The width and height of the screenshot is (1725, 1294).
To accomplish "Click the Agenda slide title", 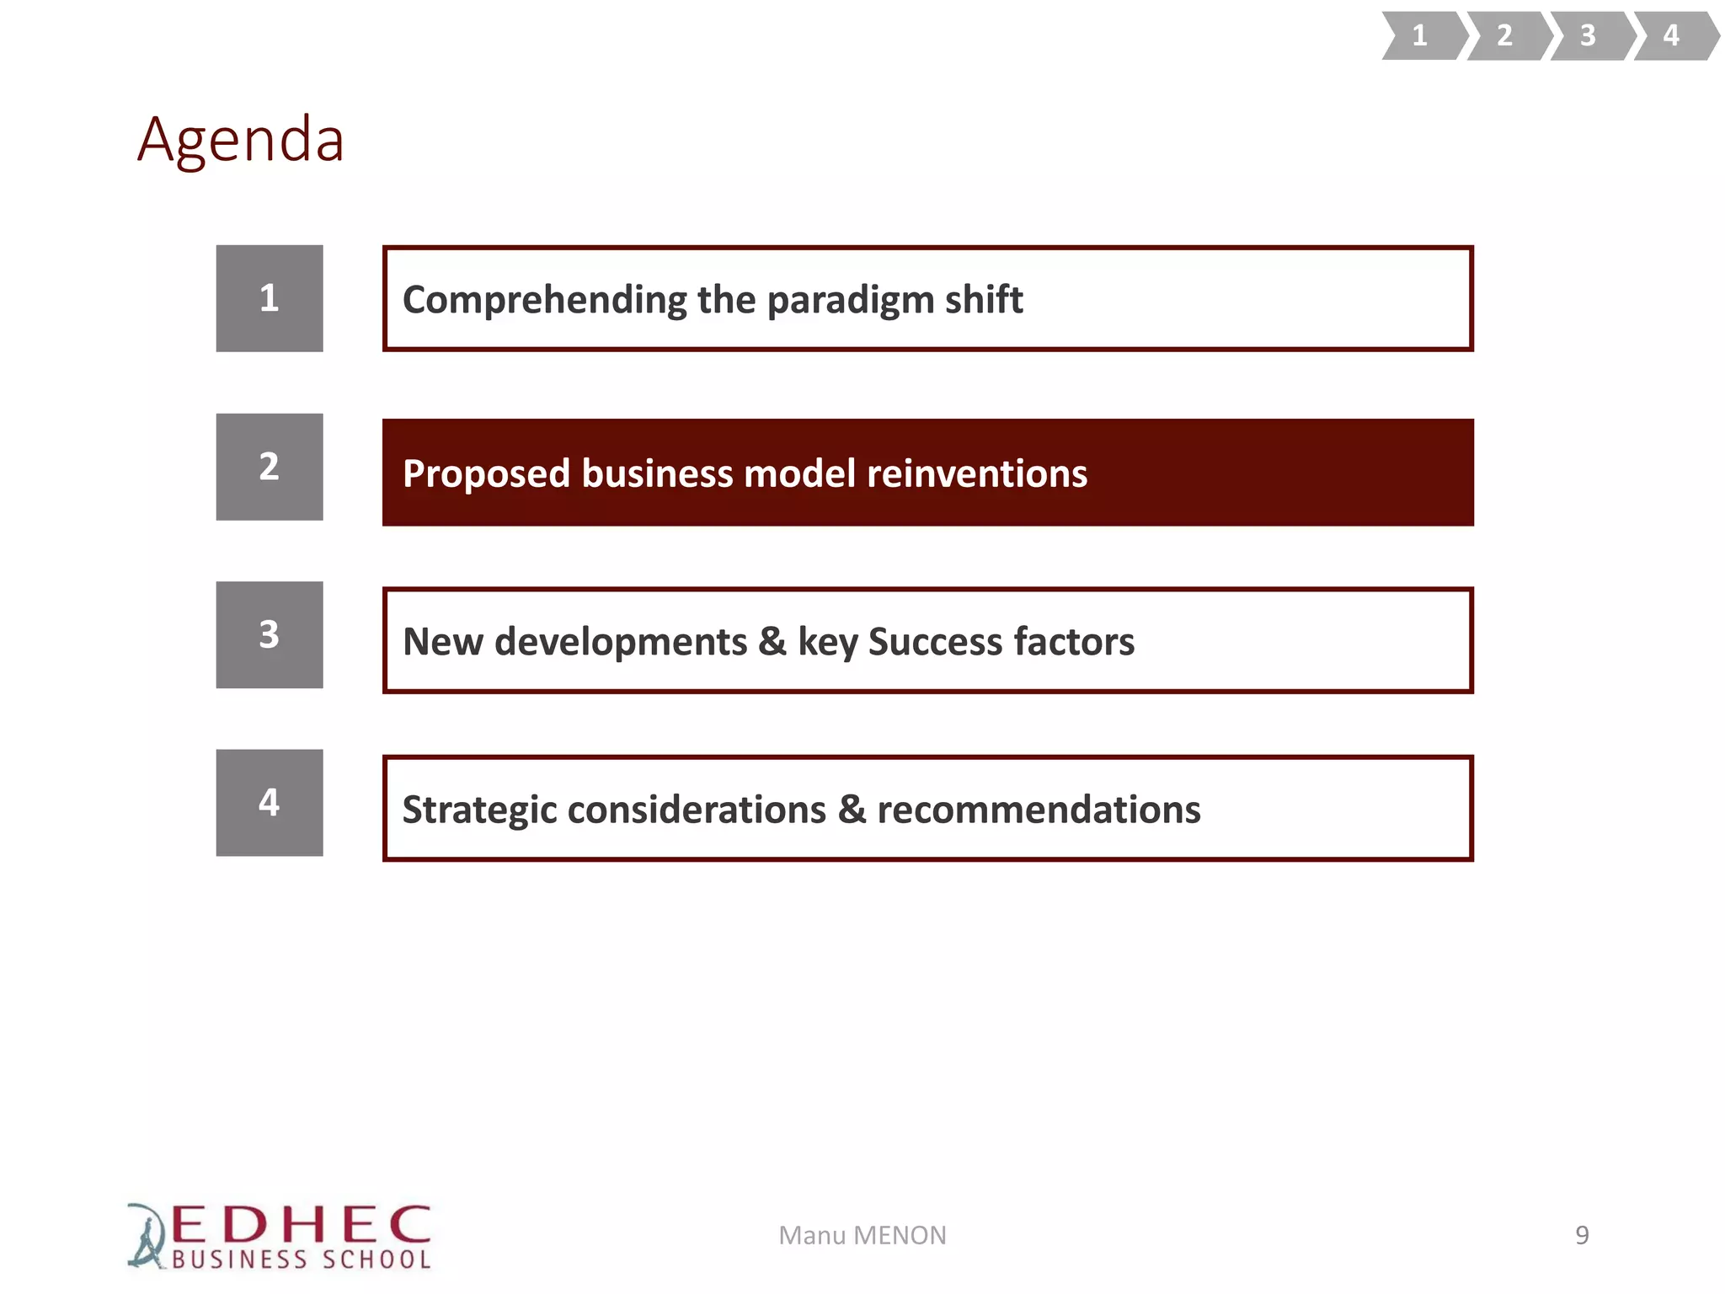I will (241, 140).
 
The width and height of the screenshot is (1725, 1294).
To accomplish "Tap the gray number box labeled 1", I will (270, 298).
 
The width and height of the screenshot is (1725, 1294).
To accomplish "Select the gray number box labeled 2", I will (270, 467).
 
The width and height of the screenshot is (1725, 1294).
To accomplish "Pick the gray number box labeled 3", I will (270, 634).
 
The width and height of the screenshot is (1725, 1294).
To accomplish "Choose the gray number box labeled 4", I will (270, 803).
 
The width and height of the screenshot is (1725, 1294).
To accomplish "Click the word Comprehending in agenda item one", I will (544, 301).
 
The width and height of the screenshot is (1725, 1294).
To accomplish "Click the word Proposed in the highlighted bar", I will (486, 474).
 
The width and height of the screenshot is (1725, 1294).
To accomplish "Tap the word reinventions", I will (977, 473).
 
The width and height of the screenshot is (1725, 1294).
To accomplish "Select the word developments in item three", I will (620, 642).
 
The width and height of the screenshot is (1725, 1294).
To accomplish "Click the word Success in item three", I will (935, 642).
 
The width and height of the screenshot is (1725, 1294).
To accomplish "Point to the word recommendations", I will (1039, 810).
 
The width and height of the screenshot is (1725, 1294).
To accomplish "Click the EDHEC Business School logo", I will (280, 1236).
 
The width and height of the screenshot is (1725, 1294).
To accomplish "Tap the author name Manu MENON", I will (862, 1235).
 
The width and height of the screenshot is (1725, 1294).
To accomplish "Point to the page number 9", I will (1582, 1235).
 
